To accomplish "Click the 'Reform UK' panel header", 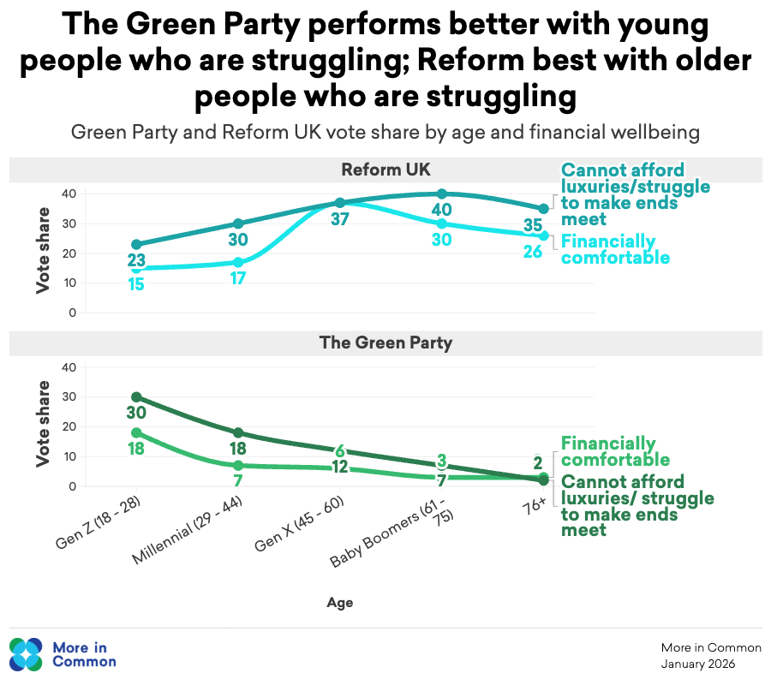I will (x=385, y=170).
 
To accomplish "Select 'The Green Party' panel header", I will (x=385, y=343).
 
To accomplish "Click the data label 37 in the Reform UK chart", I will (x=340, y=220).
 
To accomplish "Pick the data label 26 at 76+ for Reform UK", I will (x=533, y=253).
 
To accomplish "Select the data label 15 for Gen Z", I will (x=136, y=284).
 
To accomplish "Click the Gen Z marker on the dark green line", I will (x=136, y=397).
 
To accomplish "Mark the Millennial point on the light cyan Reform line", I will (x=238, y=262).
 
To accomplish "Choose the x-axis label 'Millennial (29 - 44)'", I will (x=190, y=532).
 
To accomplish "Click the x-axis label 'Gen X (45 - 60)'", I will (x=301, y=526).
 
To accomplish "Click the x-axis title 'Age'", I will (x=339, y=603).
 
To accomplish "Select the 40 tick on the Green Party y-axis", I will (x=70, y=367).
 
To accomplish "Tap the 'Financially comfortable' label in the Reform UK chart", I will (x=614, y=249).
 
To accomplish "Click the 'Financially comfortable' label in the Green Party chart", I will (x=614, y=451).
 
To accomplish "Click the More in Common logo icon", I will (x=26, y=653).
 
